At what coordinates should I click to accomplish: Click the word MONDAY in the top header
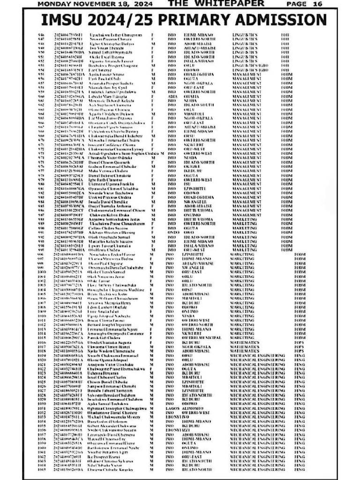click(x=55, y=4)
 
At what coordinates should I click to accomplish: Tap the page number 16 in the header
click(x=317, y=4)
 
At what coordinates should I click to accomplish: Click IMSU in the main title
click(x=66, y=20)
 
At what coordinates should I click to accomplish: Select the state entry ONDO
click(x=172, y=232)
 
